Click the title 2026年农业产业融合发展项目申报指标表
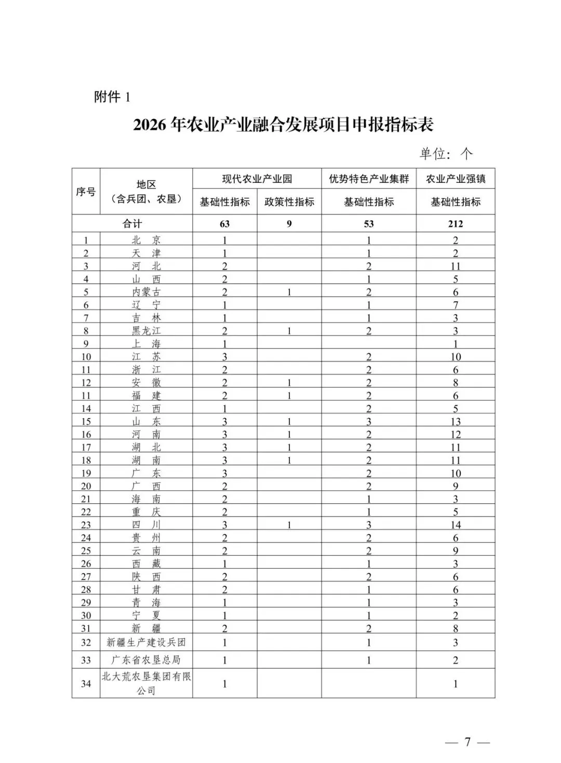point(283,125)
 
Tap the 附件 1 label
point(112,97)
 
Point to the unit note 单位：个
point(446,153)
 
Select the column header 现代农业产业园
point(257,179)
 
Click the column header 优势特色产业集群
point(369,179)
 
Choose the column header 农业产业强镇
point(456,179)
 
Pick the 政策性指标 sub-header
point(289,202)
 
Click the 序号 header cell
point(86,192)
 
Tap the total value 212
point(456,224)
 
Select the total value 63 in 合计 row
point(225,224)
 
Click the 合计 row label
point(132,224)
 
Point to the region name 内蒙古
point(146,292)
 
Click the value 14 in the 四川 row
point(456,525)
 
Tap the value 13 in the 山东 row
point(456,422)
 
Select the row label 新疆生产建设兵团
point(146,642)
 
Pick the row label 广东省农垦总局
point(146,660)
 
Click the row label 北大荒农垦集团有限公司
point(146,684)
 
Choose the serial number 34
point(86,684)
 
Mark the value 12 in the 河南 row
point(456,435)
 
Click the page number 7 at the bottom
point(467,742)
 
